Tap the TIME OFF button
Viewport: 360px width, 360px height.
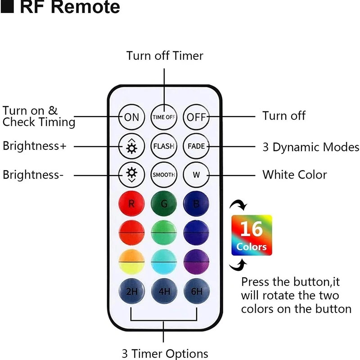(164, 117)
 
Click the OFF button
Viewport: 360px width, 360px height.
(196, 117)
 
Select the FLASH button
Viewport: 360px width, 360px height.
(164, 146)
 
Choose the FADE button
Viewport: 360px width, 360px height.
(196, 146)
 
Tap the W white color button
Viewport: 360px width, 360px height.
(196, 175)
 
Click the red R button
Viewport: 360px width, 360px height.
(131, 203)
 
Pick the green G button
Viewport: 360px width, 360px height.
(164, 203)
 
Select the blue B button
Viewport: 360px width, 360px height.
(196, 203)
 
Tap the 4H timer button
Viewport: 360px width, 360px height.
(164, 291)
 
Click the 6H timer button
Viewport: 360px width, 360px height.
(197, 291)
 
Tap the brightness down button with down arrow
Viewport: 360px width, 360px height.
(131, 175)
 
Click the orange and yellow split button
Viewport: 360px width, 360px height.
(131, 262)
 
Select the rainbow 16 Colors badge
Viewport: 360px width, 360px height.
(252, 235)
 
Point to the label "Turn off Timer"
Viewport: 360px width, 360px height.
(165, 56)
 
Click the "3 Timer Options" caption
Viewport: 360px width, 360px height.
(165, 354)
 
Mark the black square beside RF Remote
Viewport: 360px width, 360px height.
(7, 6)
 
